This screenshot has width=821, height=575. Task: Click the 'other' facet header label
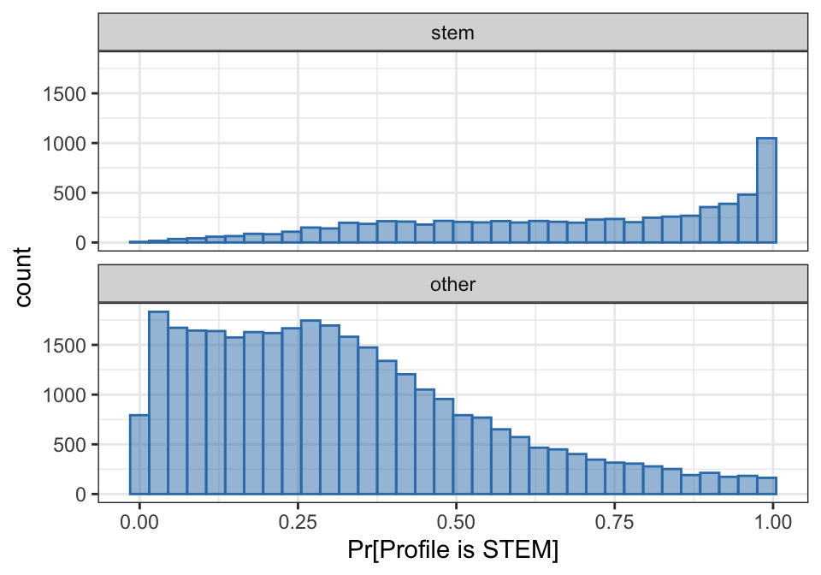(x=453, y=284)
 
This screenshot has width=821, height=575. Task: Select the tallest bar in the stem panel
(x=766, y=190)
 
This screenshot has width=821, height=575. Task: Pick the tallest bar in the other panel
(x=158, y=403)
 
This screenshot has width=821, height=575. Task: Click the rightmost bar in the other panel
(x=766, y=486)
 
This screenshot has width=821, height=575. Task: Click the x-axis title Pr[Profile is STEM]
(x=453, y=550)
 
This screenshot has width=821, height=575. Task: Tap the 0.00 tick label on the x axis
(x=139, y=520)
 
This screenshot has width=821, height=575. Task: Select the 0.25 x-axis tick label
(x=298, y=520)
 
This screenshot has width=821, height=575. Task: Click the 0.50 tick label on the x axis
(x=456, y=520)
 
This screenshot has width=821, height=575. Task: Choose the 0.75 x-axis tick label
(x=614, y=520)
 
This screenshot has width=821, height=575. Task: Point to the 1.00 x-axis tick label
(x=772, y=520)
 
